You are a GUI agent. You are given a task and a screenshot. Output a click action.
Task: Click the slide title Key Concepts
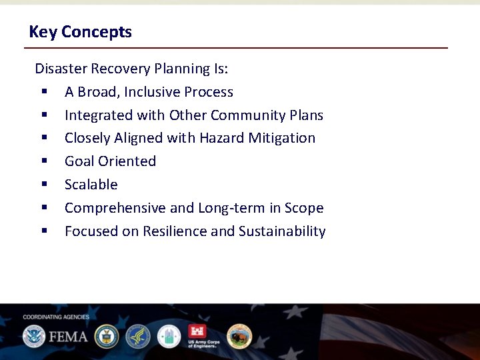coord(80,32)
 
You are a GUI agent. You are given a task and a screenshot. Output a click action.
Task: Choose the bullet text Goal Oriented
coord(110,161)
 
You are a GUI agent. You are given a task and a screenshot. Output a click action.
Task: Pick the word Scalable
coord(91,185)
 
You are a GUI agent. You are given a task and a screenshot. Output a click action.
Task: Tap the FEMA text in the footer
coord(67,336)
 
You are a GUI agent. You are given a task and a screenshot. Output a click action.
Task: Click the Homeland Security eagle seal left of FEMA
coord(33,336)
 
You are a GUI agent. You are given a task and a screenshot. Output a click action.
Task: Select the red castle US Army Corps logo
coord(198,333)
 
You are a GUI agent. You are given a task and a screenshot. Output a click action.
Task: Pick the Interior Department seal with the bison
coord(239,336)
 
